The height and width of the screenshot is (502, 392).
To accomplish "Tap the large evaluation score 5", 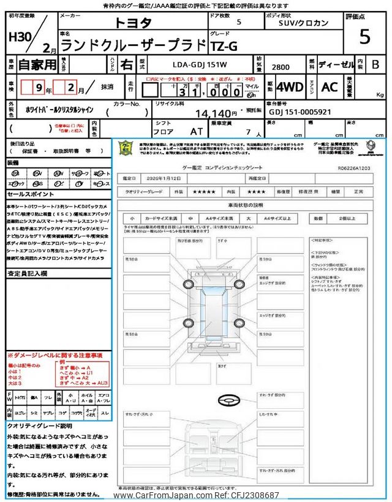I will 364,37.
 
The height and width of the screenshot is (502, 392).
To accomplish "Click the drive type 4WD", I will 289,87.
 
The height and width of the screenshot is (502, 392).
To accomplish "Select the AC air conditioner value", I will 330,87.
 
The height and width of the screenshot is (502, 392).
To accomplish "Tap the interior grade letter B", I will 375,64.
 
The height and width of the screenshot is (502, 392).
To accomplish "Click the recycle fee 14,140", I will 216,113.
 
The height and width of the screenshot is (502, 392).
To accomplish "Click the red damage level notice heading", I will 55,355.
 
